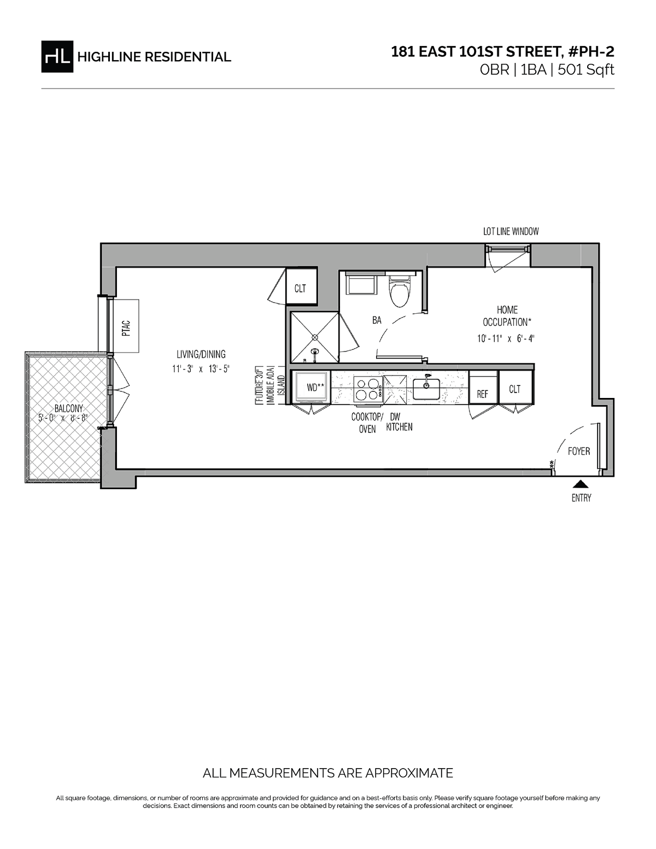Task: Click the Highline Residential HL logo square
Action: [x=57, y=57]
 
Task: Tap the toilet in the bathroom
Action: [x=399, y=290]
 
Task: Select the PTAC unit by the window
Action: [x=126, y=326]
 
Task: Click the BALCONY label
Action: [x=69, y=409]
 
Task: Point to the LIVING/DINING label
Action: [x=201, y=354]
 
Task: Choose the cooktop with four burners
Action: [x=368, y=389]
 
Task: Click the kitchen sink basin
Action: [x=426, y=389]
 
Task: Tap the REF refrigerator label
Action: [x=483, y=394]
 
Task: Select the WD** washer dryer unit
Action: [x=313, y=387]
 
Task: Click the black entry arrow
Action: [x=581, y=484]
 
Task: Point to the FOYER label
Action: [x=578, y=451]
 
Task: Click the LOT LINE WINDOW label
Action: [x=511, y=232]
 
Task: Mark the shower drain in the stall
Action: [x=315, y=337]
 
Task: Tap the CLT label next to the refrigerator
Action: [x=514, y=389]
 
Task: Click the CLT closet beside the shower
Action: [x=301, y=286]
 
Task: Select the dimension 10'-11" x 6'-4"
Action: [x=506, y=338]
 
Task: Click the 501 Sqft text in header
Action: [x=586, y=70]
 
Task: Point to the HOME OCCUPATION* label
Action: [x=507, y=316]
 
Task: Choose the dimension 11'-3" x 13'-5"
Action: [x=201, y=368]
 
